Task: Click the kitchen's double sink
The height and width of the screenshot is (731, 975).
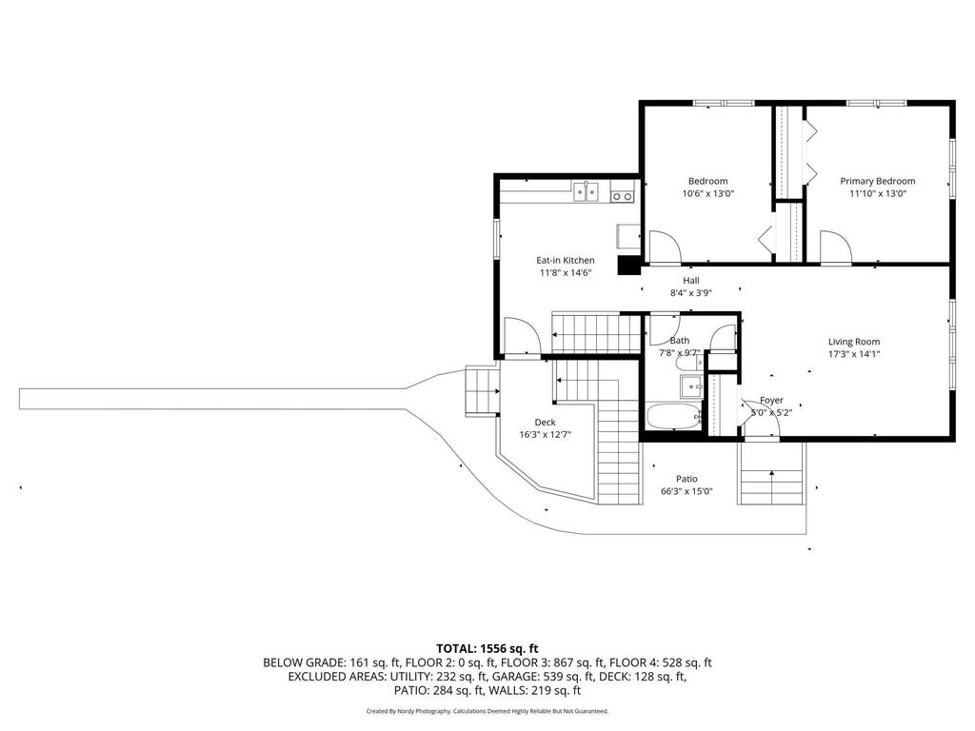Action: coord(151,192)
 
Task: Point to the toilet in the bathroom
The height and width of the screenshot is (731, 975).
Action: coord(689,361)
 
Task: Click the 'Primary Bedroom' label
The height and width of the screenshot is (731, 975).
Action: coord(877,181)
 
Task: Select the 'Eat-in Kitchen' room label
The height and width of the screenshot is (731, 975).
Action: coord(566,261)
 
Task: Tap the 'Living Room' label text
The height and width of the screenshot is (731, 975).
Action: coord(854,342)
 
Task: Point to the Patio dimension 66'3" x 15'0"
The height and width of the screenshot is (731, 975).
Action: coord(686,491)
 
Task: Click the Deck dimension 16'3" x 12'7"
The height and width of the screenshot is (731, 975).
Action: coord(545,434)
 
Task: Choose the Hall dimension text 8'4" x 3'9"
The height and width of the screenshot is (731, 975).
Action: coord(691,293)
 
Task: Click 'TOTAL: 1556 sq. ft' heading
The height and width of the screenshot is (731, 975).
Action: coord(487,649)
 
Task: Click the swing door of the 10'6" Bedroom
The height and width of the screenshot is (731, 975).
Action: coord(665,247)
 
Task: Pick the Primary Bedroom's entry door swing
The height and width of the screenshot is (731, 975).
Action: coord(835,247)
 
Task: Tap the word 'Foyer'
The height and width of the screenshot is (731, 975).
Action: coord(771,401)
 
